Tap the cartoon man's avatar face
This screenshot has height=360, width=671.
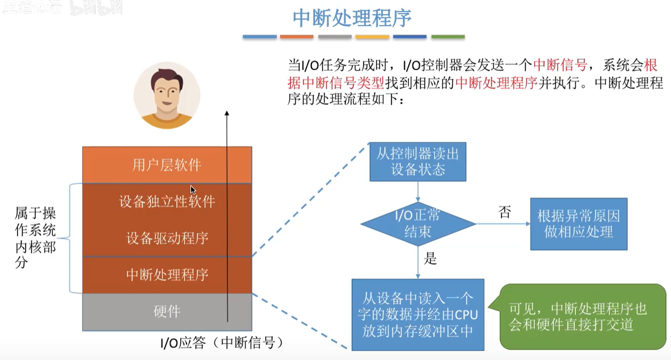[x=166, y=94]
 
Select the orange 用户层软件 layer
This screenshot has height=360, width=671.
[x=167, y=165]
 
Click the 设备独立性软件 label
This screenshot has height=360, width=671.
[x=167, y=202]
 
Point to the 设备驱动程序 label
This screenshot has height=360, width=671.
[x=167, y=238]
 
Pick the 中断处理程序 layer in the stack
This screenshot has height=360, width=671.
[x=167, y=275]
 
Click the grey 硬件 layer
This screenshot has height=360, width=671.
[x=167, y=311]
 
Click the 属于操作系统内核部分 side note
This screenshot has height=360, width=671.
[x=35, y=238]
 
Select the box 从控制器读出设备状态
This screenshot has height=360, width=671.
[x=418, y=162]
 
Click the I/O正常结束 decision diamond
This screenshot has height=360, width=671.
[x=418, y=224]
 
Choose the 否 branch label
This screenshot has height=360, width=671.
[x=504, y=212]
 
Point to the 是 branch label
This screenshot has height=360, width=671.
[x=430, y=259]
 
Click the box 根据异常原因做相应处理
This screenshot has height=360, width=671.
[x=579, y=224]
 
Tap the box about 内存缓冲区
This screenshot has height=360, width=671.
[x=418, y=314]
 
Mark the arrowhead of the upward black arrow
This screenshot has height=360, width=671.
[x=227, y=114]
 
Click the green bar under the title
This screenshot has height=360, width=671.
[x=448, y=37]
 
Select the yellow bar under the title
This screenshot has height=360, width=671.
[x=372, y=37]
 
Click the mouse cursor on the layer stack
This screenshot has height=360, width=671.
[x=192, y=189]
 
